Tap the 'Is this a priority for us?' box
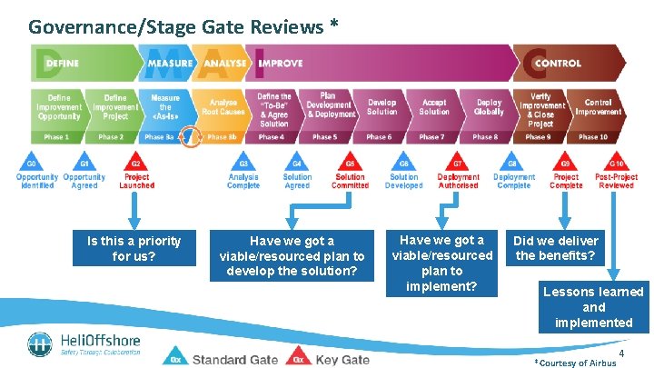134,248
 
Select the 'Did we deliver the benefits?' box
556,248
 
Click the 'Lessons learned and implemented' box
594,307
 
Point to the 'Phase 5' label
323,137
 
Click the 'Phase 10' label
593,137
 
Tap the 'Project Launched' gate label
137,181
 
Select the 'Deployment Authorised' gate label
458,181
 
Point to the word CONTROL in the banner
558,64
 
